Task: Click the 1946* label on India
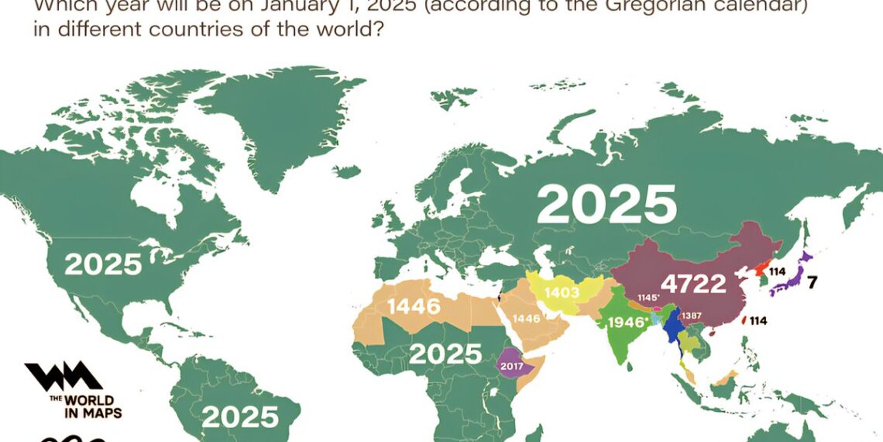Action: [x=627, y=322]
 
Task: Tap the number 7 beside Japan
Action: [x=813, y=281]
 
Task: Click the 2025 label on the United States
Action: [x=103, y=264]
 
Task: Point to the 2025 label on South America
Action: [x=239, y=416]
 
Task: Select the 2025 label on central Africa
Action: [x=445, y=354]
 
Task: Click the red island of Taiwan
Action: [x=744, y=319]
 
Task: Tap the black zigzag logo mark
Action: [x=64, y=377]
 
